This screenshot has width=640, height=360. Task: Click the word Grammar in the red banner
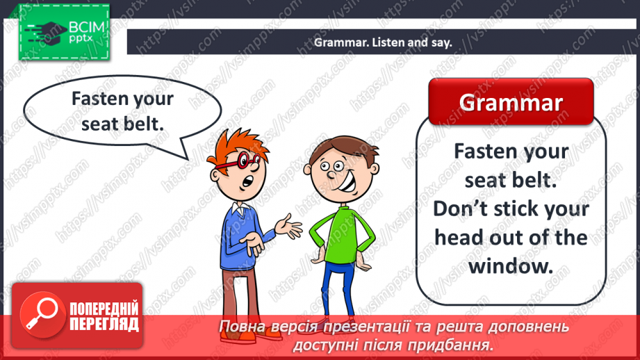[x=511, y=102]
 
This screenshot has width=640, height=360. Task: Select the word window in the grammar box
[x=510, y=267]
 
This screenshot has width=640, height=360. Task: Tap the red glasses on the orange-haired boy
[x=238, y=161]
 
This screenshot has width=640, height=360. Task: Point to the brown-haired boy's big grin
[x=347, y=183]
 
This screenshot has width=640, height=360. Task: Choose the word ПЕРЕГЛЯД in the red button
[x=104, y=325]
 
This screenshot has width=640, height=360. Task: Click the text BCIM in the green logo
[x=87, y=27]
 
